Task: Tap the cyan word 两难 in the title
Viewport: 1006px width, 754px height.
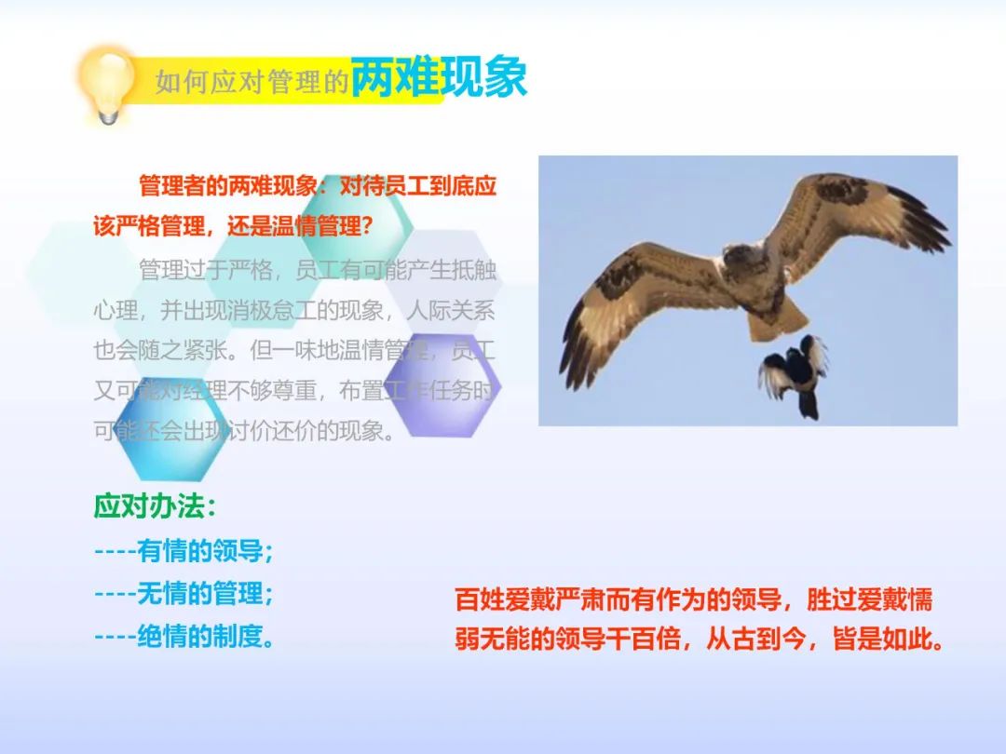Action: point(395,77)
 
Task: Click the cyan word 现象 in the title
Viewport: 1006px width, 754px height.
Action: point(483,77)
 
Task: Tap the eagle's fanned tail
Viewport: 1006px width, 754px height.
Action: point(778,318)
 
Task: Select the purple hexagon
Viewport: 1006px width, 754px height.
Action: point(442,385)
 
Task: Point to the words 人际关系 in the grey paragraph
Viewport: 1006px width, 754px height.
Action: point(451,310)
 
